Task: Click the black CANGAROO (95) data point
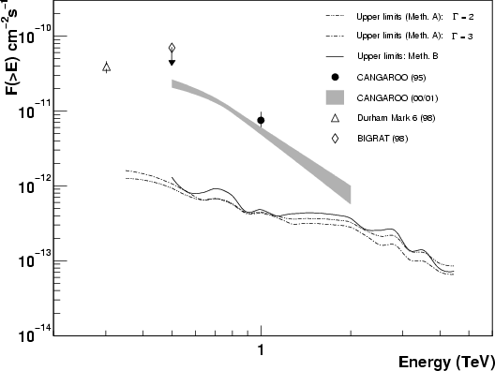click(261, 120)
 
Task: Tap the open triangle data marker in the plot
click(107, 67)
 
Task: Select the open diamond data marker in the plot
click(172, 48)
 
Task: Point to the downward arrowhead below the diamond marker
click(172, 63)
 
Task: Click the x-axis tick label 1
click(261, 349)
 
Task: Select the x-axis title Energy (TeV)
click(446, 363)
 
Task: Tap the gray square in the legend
click(335, 97)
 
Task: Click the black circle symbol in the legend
click(336, 77)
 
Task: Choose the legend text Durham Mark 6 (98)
click(397, 118)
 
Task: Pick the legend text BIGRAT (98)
click(382, 138)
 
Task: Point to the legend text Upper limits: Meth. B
click(397, 56)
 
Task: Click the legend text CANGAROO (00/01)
click(397, 97)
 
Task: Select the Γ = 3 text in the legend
click(462, 37)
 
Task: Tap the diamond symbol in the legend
click(335, 138)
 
